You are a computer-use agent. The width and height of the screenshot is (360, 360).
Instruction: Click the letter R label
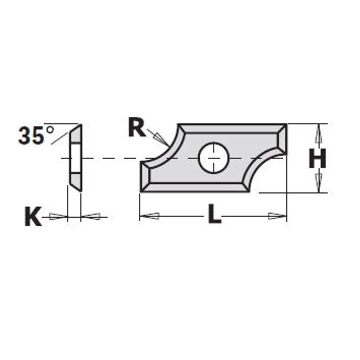tap(137, 127)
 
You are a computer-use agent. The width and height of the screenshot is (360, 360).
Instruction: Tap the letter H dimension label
tap(317, 158)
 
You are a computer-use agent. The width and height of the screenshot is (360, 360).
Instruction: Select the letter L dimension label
tap(214, 214)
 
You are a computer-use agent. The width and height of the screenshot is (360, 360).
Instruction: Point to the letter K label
tap(33, 216)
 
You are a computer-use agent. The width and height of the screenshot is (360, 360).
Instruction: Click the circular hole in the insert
tap(214, 158)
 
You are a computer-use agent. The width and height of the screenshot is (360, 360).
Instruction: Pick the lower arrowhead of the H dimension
tap(318, 183)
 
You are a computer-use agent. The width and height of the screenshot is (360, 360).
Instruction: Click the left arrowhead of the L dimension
tap(150, 216)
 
